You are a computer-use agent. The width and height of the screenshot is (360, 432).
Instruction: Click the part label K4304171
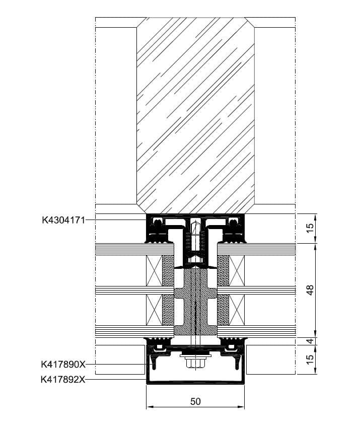63,220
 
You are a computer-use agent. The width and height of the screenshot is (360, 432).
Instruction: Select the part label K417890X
63,364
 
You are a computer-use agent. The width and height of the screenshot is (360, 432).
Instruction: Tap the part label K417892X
63,380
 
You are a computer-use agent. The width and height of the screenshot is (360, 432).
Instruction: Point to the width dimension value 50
195,401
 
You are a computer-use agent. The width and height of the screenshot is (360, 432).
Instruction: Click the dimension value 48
310,290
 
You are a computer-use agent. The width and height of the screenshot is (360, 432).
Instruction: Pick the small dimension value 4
310,341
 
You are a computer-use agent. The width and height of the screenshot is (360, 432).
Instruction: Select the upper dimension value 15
310,228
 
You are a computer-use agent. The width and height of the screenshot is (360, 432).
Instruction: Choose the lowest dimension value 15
310,359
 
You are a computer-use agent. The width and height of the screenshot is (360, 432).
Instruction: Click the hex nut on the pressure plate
195,363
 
